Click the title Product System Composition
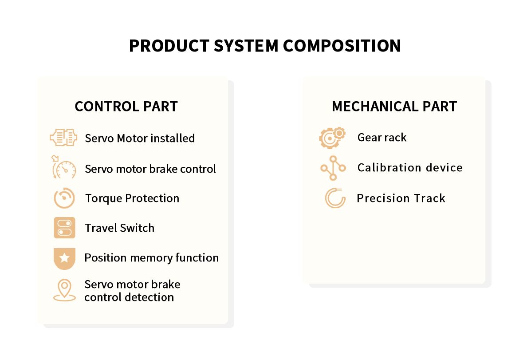[x=265, y=46]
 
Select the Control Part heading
[x=126, y=107]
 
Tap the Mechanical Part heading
[x=394, y=107]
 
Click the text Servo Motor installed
[x=140, y=138]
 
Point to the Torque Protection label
[x=132, y=198]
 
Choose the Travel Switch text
[x=120, y=228]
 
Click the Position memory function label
[x=151, y=258]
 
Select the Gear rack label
[x=382, y=138]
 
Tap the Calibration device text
[x=410, y=168]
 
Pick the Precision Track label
[x=401, y=198]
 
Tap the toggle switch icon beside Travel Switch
[x=64, y=228]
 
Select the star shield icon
[x=64, y=258]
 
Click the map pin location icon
[x=64, y=290]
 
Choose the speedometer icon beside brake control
[x=64, y=168]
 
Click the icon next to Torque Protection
[x=64, y=198]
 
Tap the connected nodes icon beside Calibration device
[x=333, y=168]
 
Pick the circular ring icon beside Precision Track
[x=335, y=198]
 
